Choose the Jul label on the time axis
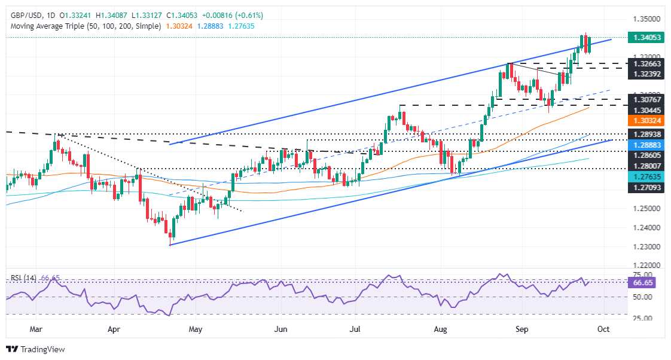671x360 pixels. click(355, 329)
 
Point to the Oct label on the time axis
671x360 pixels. click(603, 329)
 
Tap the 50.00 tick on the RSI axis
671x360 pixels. click(644, 297)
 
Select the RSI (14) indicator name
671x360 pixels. click(23, 278)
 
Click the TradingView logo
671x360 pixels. click(35, 349)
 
